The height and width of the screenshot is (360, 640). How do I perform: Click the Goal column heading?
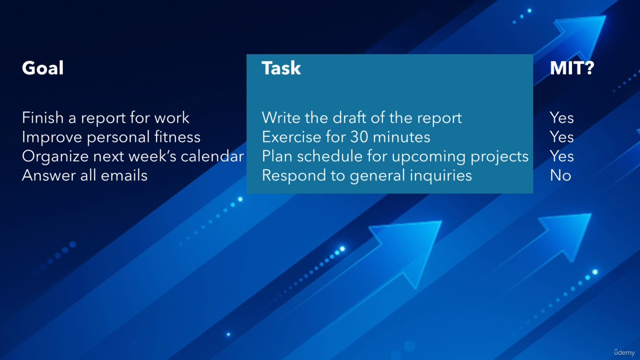(x=43, y=68)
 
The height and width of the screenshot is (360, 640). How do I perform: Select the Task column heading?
(x=281, y=68)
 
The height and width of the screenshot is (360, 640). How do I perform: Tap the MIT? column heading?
(x=572, y=68)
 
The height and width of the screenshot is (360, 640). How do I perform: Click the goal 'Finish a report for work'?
(x=105, y=117)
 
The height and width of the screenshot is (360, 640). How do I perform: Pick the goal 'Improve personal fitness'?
(x=111, y=137)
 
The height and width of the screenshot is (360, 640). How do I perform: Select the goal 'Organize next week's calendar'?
(x=133, y=156)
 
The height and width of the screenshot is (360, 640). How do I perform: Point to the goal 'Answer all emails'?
(x=84, y=175)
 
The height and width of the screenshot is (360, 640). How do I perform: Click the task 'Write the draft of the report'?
(x=361, y=117)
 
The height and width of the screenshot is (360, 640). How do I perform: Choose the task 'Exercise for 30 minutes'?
(x=346, y=137)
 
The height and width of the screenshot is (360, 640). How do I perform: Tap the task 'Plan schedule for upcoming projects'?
(x=395, y=156)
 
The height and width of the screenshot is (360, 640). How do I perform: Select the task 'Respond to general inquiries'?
(x=367, y=175)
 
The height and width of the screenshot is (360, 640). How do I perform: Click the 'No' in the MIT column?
(x=560, y=175)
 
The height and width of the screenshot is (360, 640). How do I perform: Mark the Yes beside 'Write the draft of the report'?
(x=561, y=117)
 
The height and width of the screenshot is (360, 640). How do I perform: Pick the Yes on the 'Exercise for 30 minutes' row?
(x=561, y=137)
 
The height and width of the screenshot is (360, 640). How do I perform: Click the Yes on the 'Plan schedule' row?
(x=561, y=156)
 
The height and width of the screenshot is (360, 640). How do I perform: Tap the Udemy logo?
(x=624, y=352)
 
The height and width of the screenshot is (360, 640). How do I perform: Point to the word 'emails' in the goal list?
(x=124, y=175)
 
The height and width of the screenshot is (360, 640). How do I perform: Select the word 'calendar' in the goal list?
(x=212, y=156)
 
